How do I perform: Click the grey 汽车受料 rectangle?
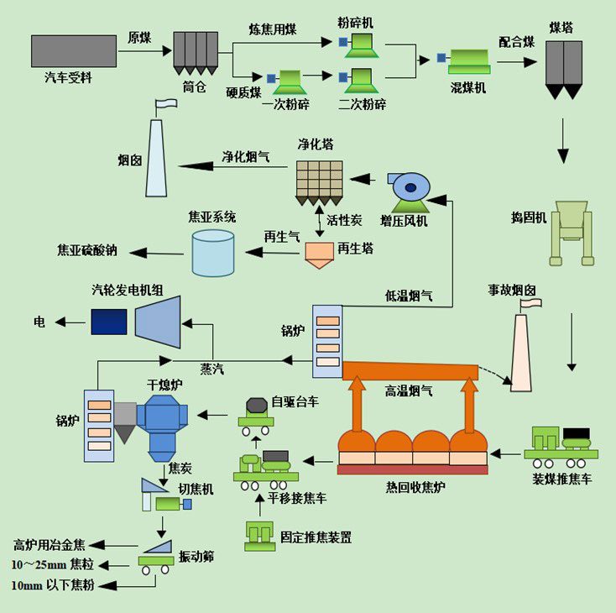click(74, 51)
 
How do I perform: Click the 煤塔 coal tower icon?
click(563, 67)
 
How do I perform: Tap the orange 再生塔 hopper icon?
click(319, 254)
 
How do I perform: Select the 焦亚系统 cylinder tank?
click(213, 253)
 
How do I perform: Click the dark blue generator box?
click(108, 322)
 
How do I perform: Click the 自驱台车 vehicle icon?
click(255, 414)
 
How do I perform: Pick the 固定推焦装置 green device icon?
click(263, 534)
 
